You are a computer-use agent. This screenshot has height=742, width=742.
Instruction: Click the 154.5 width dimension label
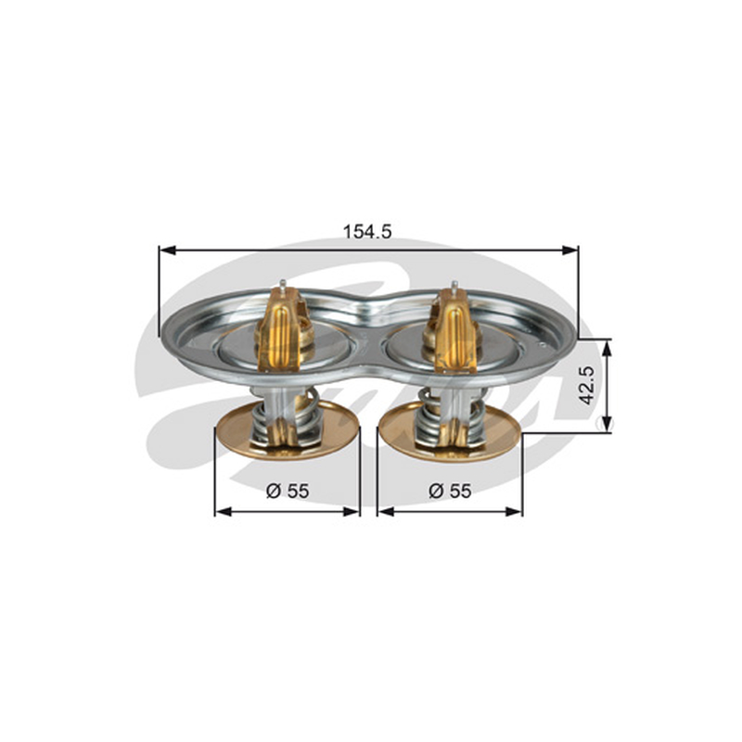click(x=367, y=231)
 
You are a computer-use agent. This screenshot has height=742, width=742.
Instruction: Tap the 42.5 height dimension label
click(x=587, y=385)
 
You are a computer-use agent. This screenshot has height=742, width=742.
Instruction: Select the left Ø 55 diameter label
click(x=288, y=491)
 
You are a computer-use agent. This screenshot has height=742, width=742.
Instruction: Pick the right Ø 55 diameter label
click(x=450, y=491)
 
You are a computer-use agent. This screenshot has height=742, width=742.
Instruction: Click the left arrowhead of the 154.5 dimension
click(x=168, y=249)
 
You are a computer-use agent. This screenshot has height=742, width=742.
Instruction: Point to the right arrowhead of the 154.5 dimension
click(x=569, y=249)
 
